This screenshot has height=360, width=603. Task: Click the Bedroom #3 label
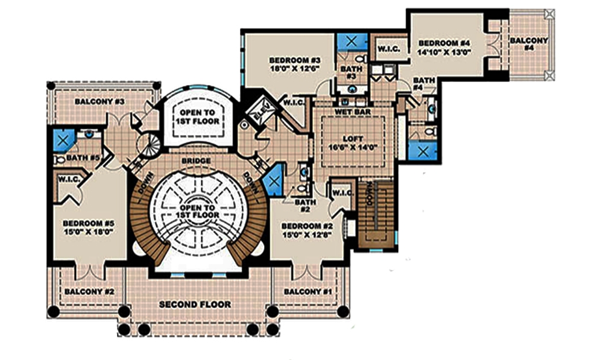pos(294,61)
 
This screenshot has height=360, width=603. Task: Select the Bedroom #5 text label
pos(89,223)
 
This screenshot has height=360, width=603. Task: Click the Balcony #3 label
pos(99,101)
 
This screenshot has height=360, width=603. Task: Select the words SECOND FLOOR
pos(194,305)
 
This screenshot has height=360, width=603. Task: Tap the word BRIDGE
pos(196,162)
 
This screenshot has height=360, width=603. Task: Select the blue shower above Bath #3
pos(348,41)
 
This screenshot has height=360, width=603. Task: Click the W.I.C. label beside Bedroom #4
pos(386,49)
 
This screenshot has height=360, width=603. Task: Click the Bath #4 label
pos(424,84)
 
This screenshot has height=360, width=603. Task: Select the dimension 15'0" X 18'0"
pos(89,230)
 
